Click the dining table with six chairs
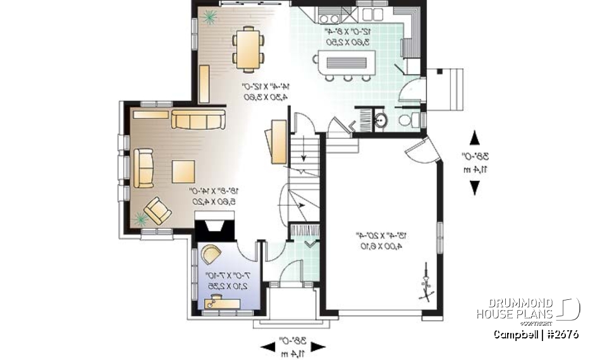(x=248, y=47)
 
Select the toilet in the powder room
(x=407, y=120)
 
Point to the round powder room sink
(x=381, y=121)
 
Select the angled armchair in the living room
(x=157, y=210)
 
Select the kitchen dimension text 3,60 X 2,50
(x=347, y=41)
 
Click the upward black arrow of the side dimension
(x=475, y=139)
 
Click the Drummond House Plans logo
(x=528, y=309)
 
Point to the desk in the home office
(x=221, y=303)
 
